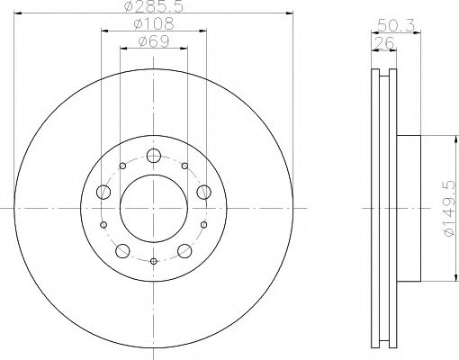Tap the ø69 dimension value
click(x=154, y=41)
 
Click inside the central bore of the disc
click(x=154, y=208)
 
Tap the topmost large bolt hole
click(x=154, y=155)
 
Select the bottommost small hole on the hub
click(x=154, y=262)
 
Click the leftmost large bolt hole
click(x=103, y=192)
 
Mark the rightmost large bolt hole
click(x=204, y=192)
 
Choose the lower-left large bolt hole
click(x=122, y=250)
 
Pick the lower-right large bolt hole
click(x=185, y=250)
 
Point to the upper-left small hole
click(x=123, y=166)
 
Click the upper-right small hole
click(x=184, y=166)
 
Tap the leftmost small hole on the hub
click(x=103, y=225)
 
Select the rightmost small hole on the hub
click(x=204, y=225)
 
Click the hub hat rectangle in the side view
click(x=409, y=208)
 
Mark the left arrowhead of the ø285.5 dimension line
click(x=18, y=13)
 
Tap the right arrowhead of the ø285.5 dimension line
click(x=291, y=13)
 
